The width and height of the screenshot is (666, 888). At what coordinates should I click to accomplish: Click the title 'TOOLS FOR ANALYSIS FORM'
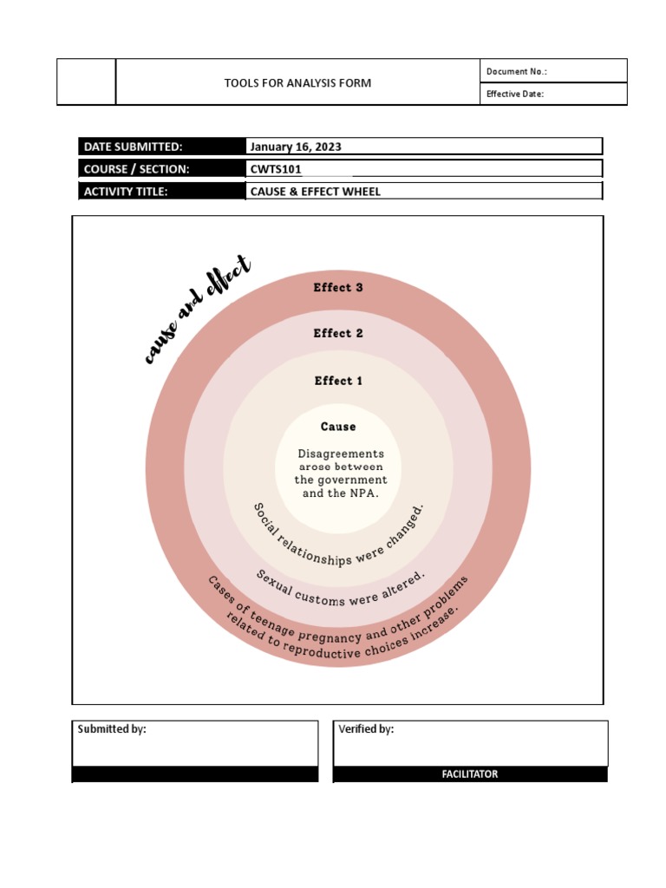coord(297,83)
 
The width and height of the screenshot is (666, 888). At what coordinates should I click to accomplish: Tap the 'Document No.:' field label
coord(517,72)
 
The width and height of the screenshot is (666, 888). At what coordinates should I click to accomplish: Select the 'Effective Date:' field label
coord(515,95)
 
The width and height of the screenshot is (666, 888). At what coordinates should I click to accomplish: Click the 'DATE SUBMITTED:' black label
coord(133,147)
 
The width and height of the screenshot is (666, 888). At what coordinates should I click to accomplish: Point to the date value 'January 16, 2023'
coord(296,147)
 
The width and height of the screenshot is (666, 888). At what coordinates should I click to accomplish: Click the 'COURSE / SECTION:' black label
coord(136,169)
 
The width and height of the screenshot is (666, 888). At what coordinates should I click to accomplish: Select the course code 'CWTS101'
coord(276,169)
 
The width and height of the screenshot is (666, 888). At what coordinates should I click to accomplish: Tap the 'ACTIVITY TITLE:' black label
coord(126,192)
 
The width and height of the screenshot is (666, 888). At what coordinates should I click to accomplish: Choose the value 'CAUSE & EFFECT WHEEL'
coord(316,192)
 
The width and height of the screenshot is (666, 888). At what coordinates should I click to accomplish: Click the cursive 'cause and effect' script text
coord(197,309)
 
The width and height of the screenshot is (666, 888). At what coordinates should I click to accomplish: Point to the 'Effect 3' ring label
coord(338,288)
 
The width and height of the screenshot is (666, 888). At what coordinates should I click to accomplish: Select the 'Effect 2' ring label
coord(338,333)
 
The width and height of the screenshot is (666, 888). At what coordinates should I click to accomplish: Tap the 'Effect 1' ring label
coord(338,381)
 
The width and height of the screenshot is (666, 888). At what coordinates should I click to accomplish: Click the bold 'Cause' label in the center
coord(338,427)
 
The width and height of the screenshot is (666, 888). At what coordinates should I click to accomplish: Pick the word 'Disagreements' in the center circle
coord(341,454)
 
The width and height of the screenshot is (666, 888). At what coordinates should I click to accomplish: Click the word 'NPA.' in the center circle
coord(363,493)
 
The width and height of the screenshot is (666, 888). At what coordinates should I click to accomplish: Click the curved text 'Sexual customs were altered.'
coord(341,592)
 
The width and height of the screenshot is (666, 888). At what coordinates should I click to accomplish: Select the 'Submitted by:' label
coord(112,729)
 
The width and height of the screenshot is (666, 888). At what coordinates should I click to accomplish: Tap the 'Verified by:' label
coord(366,729)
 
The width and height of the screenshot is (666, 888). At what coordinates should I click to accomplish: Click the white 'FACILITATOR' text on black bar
coord(469,774)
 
